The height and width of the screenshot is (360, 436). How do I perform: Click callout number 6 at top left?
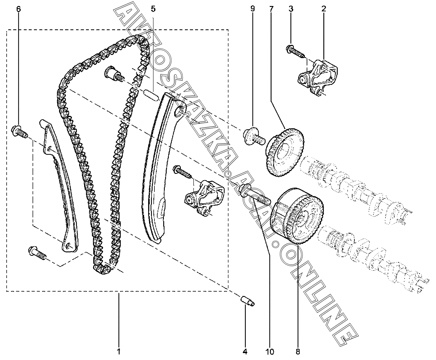coord(19,9)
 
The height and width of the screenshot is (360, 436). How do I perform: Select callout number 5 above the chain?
coord(153,9)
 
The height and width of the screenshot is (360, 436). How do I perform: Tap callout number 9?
coord(253,9)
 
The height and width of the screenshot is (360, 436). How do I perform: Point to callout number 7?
coord(271,9)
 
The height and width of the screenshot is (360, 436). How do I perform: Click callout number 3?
coord(291,9)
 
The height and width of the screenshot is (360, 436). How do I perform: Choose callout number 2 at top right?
coord(324,9)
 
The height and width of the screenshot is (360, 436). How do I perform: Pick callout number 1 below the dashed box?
coord(119,352)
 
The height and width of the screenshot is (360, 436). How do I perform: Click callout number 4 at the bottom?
coord(245,352)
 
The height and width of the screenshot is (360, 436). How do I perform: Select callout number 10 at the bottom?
coord(270,352)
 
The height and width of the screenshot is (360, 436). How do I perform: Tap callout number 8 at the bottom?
coord(298,352)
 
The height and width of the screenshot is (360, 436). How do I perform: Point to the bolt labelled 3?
coord(295,52)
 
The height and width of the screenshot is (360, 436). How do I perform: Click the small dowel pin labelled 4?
coord(247,300)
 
